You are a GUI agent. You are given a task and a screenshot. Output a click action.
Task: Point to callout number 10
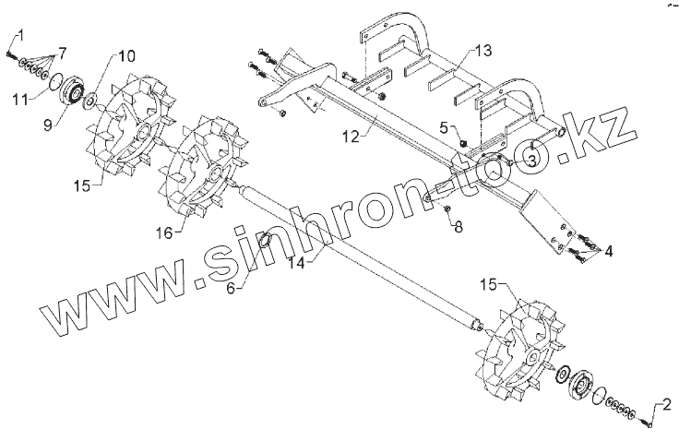(126, 55)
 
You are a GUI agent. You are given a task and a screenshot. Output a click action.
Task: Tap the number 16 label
(163, 232)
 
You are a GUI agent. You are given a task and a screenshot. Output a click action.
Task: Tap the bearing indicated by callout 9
(72, 93)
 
